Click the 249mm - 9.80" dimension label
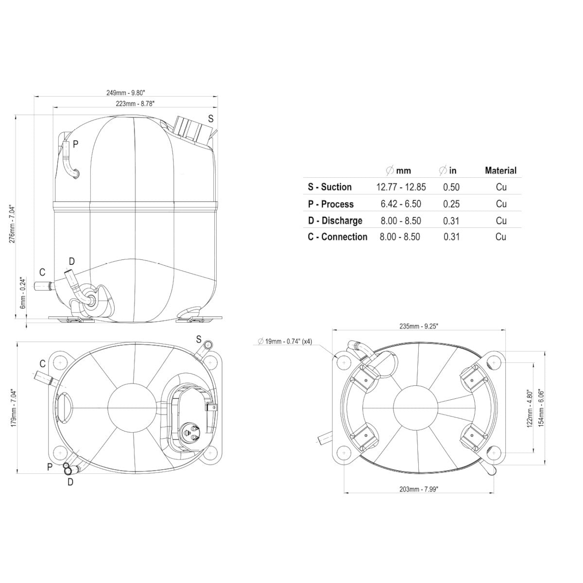click(126, 93)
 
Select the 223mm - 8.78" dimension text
click(135, 103)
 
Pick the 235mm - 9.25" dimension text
click(419, 326)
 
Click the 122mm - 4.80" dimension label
click(530, 409)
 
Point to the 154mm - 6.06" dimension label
click(541, 409)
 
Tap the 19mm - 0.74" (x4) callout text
click(285, 341)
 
